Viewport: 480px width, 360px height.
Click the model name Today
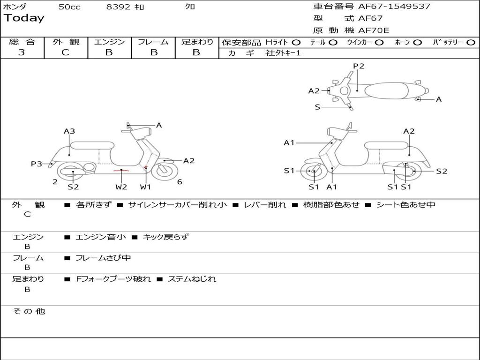(x=24, y=18)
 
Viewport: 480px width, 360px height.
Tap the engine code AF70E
(x=374, y=30)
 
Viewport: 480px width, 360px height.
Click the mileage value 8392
(x=119, y=7)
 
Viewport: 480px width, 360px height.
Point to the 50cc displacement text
(x=69, y=7)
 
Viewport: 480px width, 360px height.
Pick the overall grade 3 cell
(x=22, y=52)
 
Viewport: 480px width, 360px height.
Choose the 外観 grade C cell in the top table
(x=66, y=52)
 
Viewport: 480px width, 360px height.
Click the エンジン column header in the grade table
(x=109, y=42)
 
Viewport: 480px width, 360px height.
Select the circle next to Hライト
(x=296, y=43)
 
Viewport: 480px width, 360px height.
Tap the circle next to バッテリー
(x=471, y=43)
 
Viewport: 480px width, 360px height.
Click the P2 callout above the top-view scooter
(x=359, y=66)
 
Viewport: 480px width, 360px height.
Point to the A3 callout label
(x=69, y=131)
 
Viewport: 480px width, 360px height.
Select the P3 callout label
(x=37, y=164)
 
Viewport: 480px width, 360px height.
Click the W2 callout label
(x=121, y=187)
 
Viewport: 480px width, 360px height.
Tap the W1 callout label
(x=146, y=187)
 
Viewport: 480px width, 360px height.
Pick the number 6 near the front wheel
(x=180, y=182)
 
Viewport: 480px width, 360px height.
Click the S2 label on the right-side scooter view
(x=442, y=171)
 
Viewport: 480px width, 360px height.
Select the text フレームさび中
(x=103, y=258)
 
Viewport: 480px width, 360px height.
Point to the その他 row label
(x=29, y=311)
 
